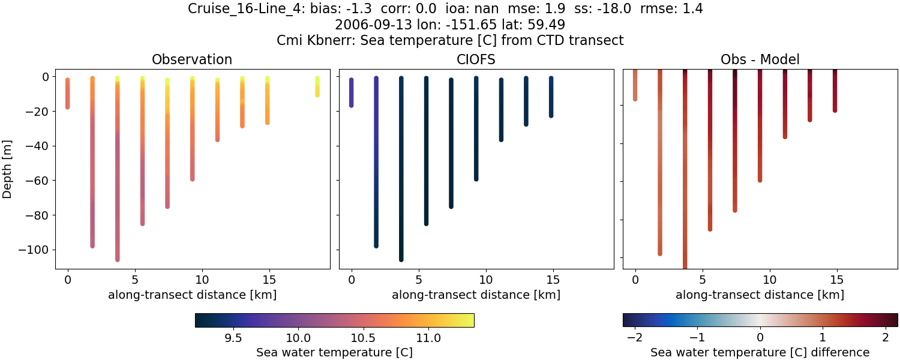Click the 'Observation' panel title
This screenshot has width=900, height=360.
tap(192, 59)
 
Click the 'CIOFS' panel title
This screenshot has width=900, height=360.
tap(476, 59)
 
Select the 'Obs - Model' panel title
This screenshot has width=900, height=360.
tap(760, 59)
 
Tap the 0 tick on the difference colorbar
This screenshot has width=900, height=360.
tap(760, 338)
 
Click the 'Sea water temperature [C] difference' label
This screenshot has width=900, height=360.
tap(760, 352)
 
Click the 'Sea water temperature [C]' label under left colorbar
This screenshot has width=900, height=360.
tap(334, 352)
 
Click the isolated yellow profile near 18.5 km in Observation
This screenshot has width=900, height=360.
tap(317, 86)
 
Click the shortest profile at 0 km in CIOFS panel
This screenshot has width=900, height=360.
tap(352, 92)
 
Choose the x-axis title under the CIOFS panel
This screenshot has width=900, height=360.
tap(476, 295)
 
